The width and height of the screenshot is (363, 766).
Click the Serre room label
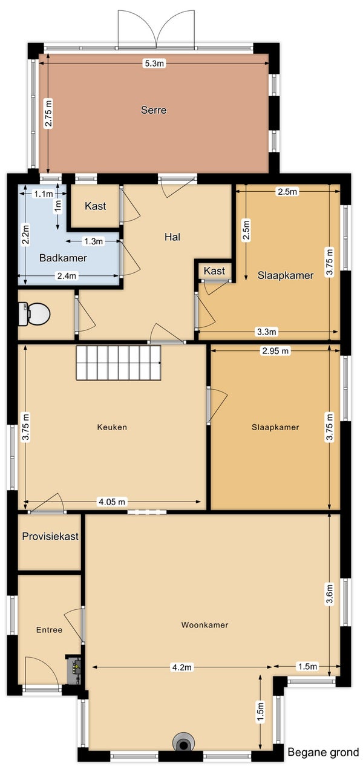click(154, 110)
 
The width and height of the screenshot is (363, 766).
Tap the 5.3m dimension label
click(154, 64)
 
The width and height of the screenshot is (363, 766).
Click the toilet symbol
click(34, 313)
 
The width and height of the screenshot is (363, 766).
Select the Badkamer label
click(63, 258)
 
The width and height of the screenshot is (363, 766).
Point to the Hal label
click(172, 237)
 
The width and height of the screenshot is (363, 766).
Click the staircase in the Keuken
click(119, 362)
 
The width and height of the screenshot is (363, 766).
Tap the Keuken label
click(112, 427)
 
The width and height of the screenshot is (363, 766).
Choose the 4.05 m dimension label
click(113, 502)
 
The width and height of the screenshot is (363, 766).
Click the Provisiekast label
click(50, 536)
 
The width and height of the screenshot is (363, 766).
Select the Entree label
click(49, 630)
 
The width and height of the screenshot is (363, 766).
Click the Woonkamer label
click(204, 625)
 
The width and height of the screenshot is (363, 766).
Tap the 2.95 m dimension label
click(275, 351)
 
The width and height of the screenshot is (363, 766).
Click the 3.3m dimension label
click(267, 332)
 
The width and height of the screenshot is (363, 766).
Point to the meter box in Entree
click(74, 665)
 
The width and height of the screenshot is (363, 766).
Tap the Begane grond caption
click(323, 753)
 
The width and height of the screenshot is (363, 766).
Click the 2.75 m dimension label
click(48, 113)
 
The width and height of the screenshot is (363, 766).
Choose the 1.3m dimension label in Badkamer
click(94, 241)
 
